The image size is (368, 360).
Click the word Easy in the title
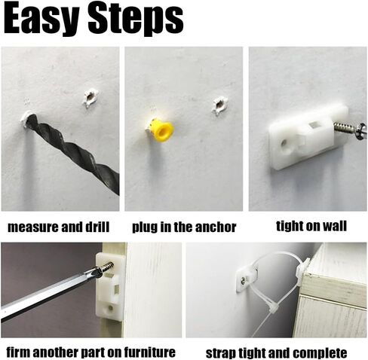tap(41, 19)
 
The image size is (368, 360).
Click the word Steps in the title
tap(136, 20)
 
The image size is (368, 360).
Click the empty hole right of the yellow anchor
tap(219, 105)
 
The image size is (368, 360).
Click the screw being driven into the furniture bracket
tap(103, 269)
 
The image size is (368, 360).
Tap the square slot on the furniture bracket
tap(116, 288)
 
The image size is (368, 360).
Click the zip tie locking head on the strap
tap(273, 307)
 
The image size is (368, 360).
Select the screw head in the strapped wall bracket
tap(244, 280)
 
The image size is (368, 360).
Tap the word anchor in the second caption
tap(216, 227)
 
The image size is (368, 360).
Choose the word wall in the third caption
tap(335, 226)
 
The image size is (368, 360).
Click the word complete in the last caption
tap(320, 352)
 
